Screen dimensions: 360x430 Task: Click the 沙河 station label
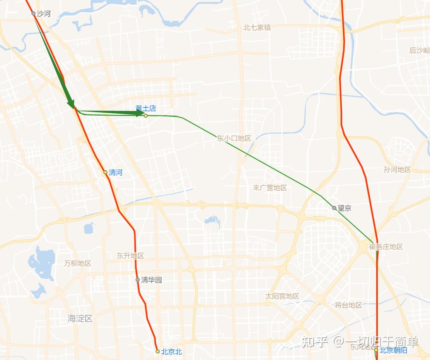(x=43, y=14)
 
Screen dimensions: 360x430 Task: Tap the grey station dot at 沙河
(x=34, y=14)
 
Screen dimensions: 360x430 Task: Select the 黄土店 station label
(x=145, y=108)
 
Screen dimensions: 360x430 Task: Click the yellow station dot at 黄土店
(x=146, y=116)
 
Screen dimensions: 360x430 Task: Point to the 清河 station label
(x=115, y=172)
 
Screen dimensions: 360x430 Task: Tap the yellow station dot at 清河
(x=105, y=172)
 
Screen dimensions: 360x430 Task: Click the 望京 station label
(x=344, y=208)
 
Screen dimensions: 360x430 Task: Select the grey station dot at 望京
(x=334, y=208)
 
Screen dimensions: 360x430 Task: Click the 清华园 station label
(x=151, y=280)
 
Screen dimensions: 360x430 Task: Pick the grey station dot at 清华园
(x=138, y=280)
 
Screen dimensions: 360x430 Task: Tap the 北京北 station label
(x=171, y=352)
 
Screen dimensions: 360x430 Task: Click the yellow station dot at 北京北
(x=157, y=351)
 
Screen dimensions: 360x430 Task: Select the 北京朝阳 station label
(x=393, y=351)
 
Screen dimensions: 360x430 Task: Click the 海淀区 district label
(x=80, y=319)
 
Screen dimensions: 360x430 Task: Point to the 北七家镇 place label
(x=257, y=28)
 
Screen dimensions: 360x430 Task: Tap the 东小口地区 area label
(x=234, y=138)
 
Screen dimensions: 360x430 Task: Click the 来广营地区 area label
(x=270, y=188)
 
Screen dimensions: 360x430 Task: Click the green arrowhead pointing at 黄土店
(x=140, y=113)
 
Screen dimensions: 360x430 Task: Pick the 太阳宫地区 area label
(x=282, y=296)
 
